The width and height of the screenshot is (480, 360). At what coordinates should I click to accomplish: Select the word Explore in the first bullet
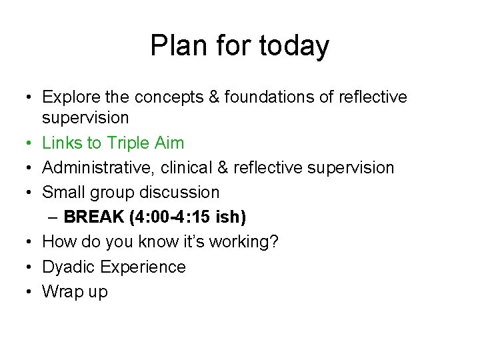click(67, 97)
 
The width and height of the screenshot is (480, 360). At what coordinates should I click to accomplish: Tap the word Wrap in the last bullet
click(61, 292)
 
